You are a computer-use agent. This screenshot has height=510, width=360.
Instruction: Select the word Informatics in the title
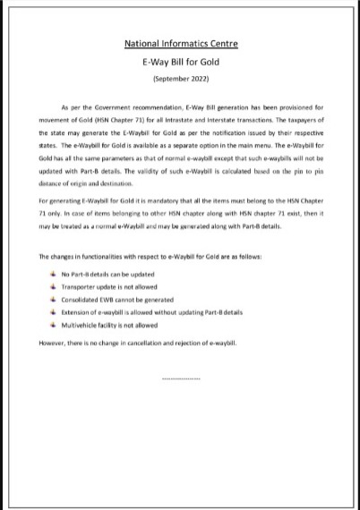(183, 43)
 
